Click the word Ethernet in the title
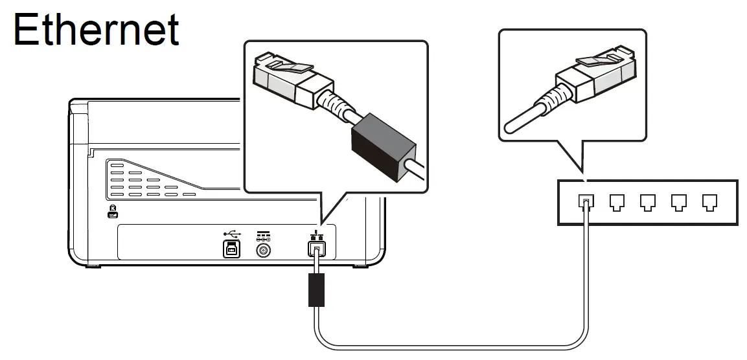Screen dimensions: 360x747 [96, 29]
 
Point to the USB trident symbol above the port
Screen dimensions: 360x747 [231, 232]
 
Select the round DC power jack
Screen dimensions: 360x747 [264, 249]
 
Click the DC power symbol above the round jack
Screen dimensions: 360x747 [264, 234]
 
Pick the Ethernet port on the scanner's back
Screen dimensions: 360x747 [316, 248]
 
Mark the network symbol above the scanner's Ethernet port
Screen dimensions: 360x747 [316, 232]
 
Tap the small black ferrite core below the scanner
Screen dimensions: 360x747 [316, 289]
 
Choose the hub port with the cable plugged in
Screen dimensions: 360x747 [585, 203]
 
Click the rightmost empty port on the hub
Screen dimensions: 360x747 [710, 203]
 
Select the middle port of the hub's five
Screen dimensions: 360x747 [647, 203]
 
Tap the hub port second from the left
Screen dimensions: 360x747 [616, 203]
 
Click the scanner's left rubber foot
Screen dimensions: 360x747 [93, 265]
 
